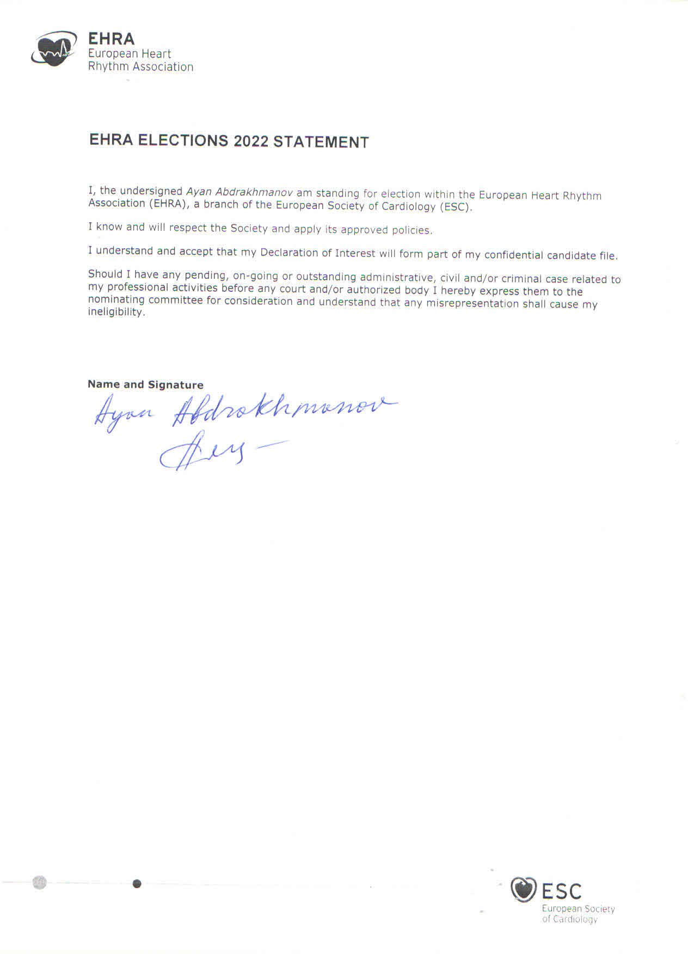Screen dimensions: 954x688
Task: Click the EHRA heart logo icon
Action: [53, 49]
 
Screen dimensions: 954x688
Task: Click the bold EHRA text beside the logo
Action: [111, 39]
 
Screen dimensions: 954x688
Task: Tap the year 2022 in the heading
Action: [251, 141]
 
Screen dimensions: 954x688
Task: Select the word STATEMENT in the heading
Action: [321, 142]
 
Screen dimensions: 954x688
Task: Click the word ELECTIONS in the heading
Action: [183, 140]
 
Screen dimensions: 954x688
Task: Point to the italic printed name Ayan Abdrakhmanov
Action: [239, 192]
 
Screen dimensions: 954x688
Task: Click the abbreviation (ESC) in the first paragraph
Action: [456, 207]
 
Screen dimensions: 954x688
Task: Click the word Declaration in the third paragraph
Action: [289, 253]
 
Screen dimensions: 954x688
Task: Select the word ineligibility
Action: [116, 312]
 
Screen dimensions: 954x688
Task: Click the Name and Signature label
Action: [145, 384]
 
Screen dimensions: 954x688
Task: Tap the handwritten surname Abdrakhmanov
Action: [283, 411]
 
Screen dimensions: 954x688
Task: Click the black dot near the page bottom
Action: [137, 883]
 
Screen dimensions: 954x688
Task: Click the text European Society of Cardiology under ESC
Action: [578, 914]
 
